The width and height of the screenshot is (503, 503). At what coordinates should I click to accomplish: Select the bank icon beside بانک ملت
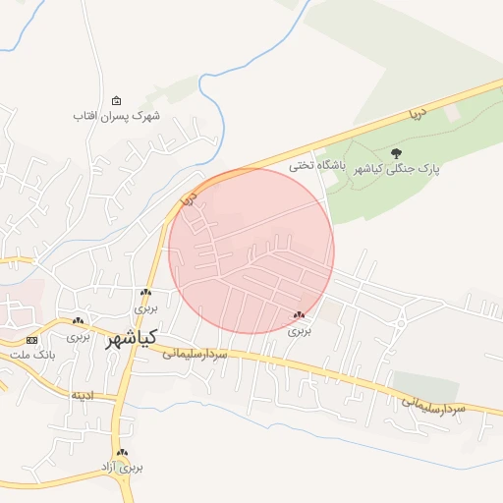(x=32, y=339)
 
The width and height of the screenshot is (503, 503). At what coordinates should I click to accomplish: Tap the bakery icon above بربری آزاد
(x=122, y=453)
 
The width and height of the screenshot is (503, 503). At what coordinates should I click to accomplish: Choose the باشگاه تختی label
(x=314, y=166)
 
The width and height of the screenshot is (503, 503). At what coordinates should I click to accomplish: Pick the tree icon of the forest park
(x=397, y=152)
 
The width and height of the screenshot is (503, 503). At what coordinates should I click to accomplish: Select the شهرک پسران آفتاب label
(x=116, y=115)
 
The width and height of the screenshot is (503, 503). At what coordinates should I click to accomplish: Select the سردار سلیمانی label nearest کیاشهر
(x=196, y=352)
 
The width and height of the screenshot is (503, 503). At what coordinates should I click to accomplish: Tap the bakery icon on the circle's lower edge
(x=299, y=315)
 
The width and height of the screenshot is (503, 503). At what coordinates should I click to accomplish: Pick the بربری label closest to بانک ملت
(x=78, y=335)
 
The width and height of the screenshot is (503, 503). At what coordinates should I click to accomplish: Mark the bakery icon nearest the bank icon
(x=78, y=321)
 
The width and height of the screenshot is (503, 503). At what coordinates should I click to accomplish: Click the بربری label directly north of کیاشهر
(x=145, y=307)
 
